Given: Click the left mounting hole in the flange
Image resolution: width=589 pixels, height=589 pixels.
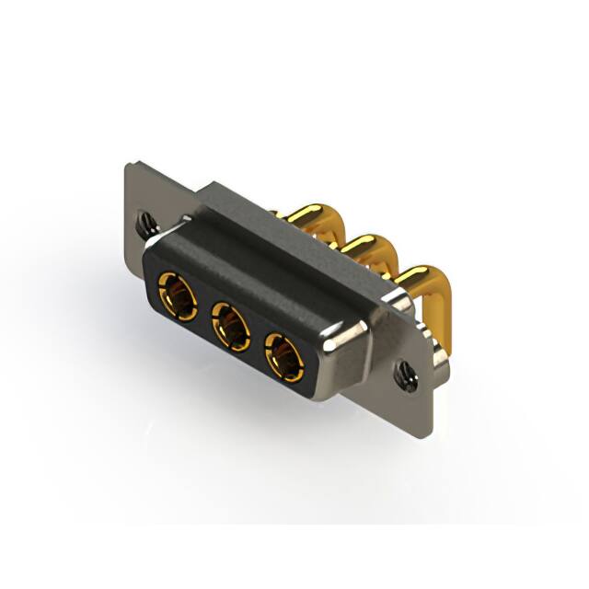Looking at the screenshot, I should [x=145, y=221].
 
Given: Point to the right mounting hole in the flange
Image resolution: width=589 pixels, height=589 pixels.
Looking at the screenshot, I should [x=403, y=372].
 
